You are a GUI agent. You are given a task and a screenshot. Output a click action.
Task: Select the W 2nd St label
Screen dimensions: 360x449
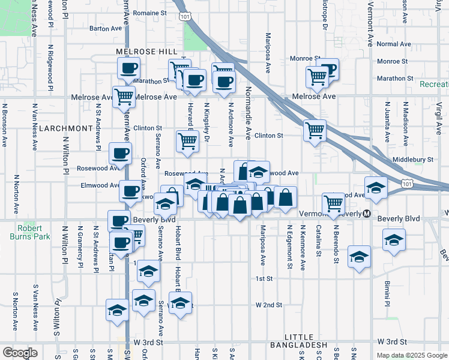click(268, 305)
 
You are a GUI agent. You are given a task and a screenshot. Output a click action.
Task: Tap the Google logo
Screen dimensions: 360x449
click(20, 353)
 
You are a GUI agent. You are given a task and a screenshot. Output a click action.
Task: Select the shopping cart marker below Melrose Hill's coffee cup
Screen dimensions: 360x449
click(124, 96)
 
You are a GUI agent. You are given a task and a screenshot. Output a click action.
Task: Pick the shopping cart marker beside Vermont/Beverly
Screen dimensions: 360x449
click(333, 203)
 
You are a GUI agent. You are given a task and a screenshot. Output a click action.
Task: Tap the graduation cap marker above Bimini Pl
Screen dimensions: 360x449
click(393, 240)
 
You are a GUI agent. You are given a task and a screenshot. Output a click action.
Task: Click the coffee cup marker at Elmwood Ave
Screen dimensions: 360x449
click(130, 191)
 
